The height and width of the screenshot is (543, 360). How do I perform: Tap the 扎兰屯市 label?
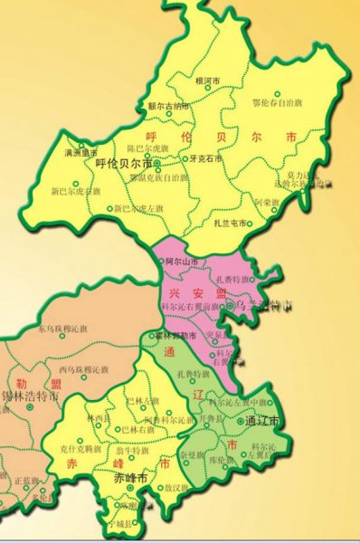click(231, 223)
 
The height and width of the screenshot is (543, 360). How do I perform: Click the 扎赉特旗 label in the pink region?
click(232, 281)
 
